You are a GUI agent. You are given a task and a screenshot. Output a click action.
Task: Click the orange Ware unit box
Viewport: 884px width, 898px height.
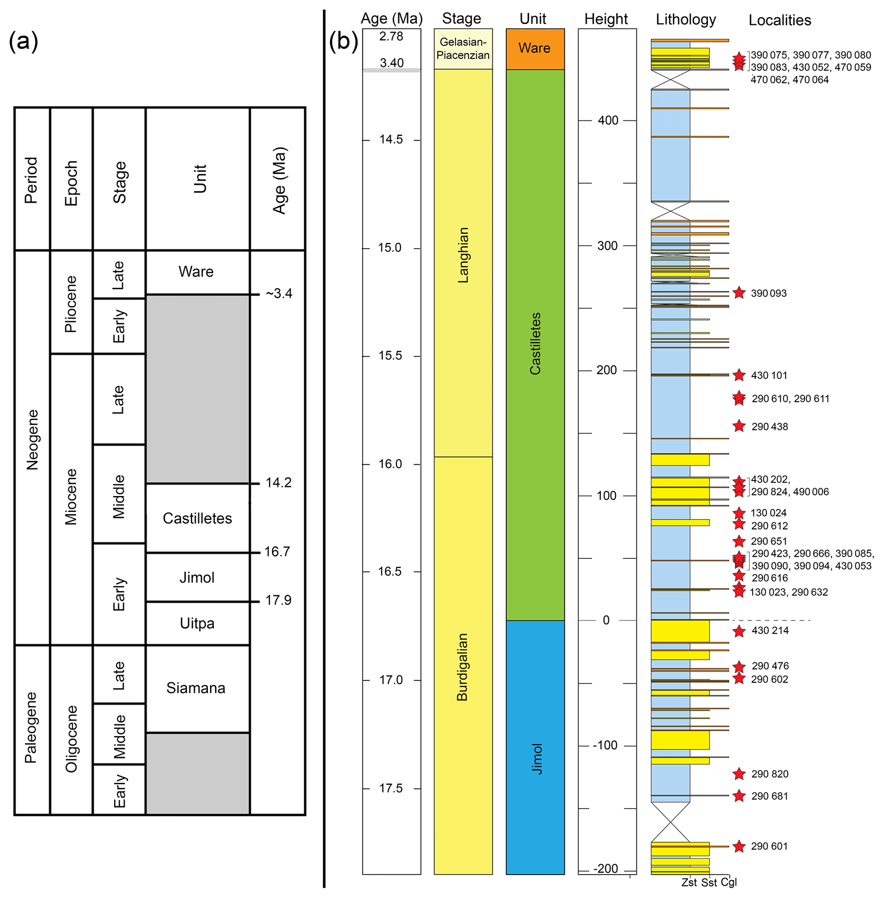[535, 49]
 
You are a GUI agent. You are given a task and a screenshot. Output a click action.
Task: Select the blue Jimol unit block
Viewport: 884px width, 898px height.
[535, 747]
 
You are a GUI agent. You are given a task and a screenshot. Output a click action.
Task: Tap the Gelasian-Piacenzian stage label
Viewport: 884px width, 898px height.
[463, 49]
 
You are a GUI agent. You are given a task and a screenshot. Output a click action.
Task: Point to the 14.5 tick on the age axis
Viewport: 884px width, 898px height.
[391, 140]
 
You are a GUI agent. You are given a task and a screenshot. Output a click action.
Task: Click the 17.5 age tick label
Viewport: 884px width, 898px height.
[391, 789]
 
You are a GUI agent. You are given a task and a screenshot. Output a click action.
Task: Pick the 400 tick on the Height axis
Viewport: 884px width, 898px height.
[608, 121]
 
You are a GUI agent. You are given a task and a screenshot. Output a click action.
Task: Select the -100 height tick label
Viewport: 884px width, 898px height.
[605, 746]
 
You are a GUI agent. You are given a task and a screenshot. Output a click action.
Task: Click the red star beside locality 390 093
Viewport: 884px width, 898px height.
[739, 293]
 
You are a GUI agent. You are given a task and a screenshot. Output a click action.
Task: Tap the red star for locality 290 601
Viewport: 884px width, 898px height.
[739, 846]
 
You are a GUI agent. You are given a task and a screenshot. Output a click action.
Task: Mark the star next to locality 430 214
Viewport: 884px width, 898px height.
[739, 631]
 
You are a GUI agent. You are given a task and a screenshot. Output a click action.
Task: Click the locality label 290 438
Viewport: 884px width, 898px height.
[770, 427]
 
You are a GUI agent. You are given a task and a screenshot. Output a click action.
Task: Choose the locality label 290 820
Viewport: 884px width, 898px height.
[770, 774]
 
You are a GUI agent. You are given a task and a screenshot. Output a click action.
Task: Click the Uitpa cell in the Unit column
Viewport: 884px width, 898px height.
[197, 623]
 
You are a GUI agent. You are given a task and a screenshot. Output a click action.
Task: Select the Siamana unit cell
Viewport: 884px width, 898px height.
[196, 688]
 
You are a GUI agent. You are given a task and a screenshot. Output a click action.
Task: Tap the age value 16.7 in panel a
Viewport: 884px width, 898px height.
[277, 552]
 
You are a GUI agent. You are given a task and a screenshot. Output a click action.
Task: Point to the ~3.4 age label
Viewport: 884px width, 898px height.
[279, 293]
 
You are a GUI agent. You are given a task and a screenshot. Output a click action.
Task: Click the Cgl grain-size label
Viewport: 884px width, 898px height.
[729, 882]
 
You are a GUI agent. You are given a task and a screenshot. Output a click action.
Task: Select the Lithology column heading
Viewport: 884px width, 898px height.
[686, 20]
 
